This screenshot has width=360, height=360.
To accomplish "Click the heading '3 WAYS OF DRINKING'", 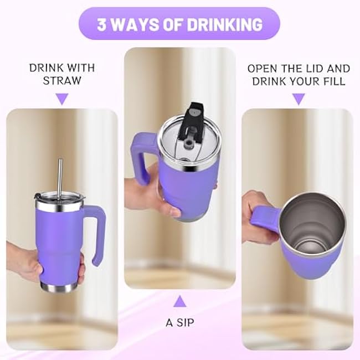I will point(179,24).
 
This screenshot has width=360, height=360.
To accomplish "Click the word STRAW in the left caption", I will point(62,81).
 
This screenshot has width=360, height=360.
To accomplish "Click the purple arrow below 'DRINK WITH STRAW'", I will point(62,99).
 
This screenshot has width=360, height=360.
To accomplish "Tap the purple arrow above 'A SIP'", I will point(179,302).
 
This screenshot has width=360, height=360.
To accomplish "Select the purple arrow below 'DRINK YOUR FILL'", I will point(299,99).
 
